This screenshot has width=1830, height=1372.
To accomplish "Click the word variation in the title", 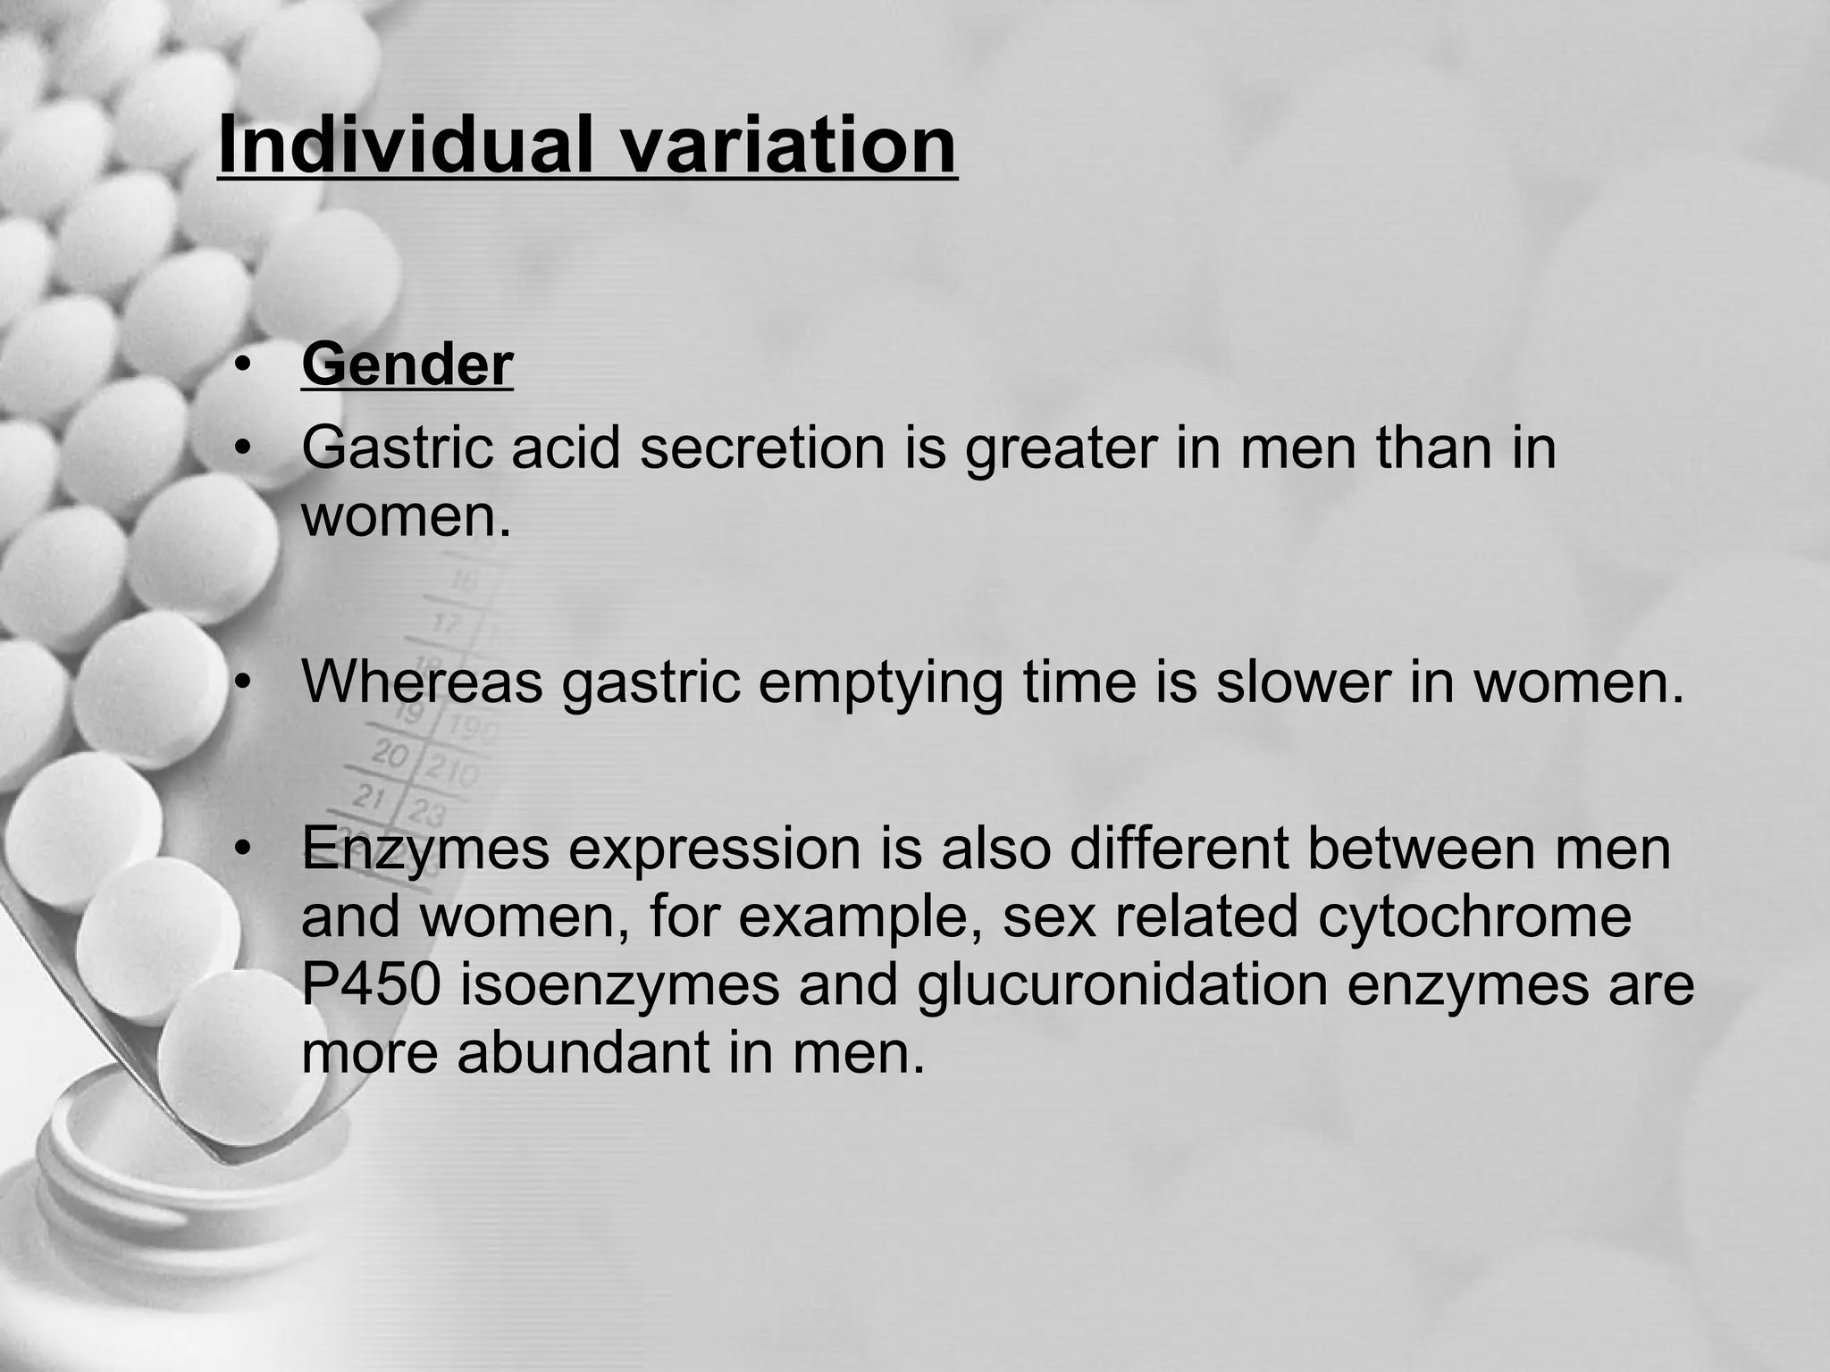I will (x=788, y=146).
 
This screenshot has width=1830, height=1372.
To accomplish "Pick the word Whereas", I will (x=423, y=682).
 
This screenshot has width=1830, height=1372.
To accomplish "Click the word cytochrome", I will (x=1474, y=916).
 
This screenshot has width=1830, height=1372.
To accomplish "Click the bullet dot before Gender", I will (x=239, y=366).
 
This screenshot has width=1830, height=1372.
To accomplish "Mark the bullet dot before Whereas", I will (x=239, y=683).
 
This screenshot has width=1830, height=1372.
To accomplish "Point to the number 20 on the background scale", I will (x=389, y=755).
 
